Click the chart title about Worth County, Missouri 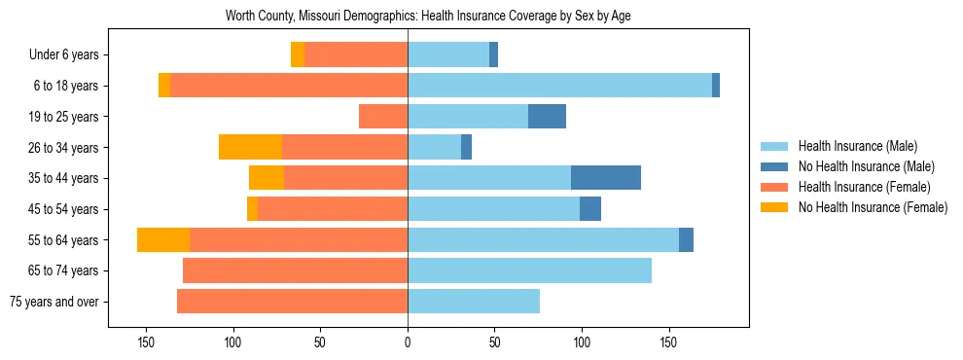point(428,17)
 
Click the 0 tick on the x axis point(408,342)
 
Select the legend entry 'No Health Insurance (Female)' point(873,207)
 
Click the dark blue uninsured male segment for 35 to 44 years point(606,178)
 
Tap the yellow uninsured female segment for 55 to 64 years point(163,240)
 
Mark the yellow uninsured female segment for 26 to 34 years point(250,148)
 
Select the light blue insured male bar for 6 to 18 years point(559,86)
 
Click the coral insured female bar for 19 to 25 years point(383,117)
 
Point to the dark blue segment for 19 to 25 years point(547,117)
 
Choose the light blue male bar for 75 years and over point(474,302)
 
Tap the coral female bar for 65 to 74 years point(295,270)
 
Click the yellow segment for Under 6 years point(298,55)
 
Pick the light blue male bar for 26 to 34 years point(434,148)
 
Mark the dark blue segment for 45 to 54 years point(590,209)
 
